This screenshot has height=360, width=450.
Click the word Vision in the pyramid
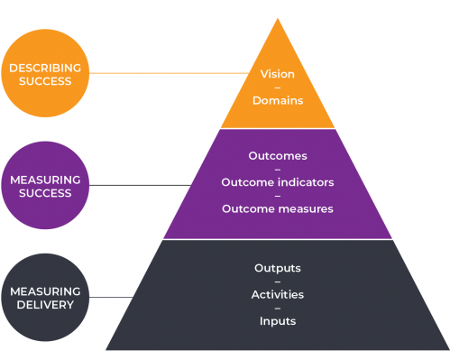coord(277,75)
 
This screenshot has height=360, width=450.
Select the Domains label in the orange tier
coord(277,101)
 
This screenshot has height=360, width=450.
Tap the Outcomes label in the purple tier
coord(277,155)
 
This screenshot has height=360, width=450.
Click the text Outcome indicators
coord(277,182)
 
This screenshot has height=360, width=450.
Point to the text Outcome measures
coord(277,208)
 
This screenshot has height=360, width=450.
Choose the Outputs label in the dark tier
coord(277,268)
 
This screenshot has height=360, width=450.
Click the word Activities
coord(277,294)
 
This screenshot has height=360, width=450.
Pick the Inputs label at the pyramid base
coord(277,320)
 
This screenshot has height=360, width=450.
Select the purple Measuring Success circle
coord(45,185)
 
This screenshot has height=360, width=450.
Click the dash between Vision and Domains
coord(277,88)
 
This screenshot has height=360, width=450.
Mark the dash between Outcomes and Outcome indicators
coord(277,169)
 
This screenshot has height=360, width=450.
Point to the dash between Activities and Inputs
coord(277,308)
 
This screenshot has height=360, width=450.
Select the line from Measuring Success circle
coord(135,186)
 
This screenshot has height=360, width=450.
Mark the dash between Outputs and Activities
coord(277,282)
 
